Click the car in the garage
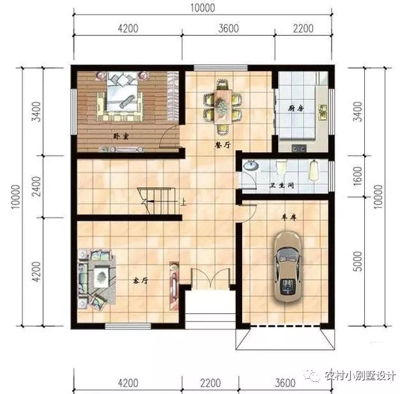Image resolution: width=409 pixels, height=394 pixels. (288, 266)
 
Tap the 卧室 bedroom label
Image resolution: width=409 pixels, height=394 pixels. (121, 136)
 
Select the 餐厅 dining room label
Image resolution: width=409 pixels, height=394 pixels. (222, 145)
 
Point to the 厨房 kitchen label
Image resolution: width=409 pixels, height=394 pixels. (296, 108)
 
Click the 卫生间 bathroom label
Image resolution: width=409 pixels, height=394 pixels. (281, 185)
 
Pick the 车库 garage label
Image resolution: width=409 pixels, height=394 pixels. (289, 217)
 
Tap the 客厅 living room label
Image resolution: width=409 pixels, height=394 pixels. (141, 281)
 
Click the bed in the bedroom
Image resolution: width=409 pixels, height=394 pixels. (122, 92)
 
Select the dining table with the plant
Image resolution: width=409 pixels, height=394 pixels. (222, 106)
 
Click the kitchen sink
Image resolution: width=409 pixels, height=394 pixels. (323, 112)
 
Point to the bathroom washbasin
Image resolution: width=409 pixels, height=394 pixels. (251, 166)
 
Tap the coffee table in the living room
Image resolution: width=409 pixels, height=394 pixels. (101, 276)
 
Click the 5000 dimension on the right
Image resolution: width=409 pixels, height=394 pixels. (359, 262)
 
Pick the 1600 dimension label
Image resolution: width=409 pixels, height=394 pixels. (359, 177)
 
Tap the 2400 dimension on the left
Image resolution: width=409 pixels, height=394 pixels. (37, 186)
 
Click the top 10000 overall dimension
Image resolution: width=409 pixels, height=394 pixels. (203, 8)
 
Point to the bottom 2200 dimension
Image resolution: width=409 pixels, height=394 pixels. (210, 383)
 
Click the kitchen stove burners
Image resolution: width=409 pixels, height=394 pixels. (299, 148)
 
